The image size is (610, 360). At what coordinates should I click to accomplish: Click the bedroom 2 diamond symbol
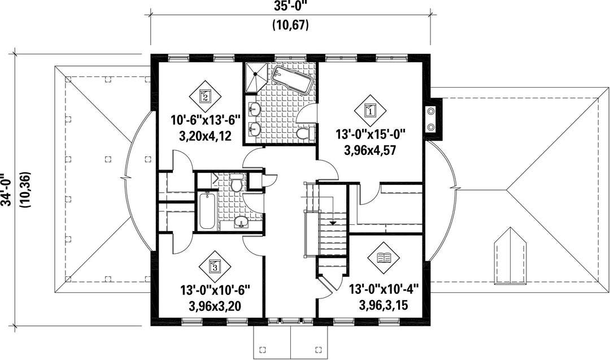click(205, 95)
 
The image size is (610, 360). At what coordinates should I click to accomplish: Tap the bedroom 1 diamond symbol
click(370, 110)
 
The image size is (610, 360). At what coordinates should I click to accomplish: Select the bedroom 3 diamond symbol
click(215, 266)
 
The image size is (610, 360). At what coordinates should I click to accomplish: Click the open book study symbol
click(384, 257)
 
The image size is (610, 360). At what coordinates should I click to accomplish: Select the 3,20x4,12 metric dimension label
click(205, 136)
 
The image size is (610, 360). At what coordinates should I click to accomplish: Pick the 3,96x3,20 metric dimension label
click(215, 306)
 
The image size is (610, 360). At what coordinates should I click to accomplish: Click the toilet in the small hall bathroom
click(236, 182)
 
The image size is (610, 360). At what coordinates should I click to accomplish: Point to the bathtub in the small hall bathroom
click(207, 211)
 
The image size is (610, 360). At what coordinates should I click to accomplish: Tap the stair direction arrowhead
click(333, 223)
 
